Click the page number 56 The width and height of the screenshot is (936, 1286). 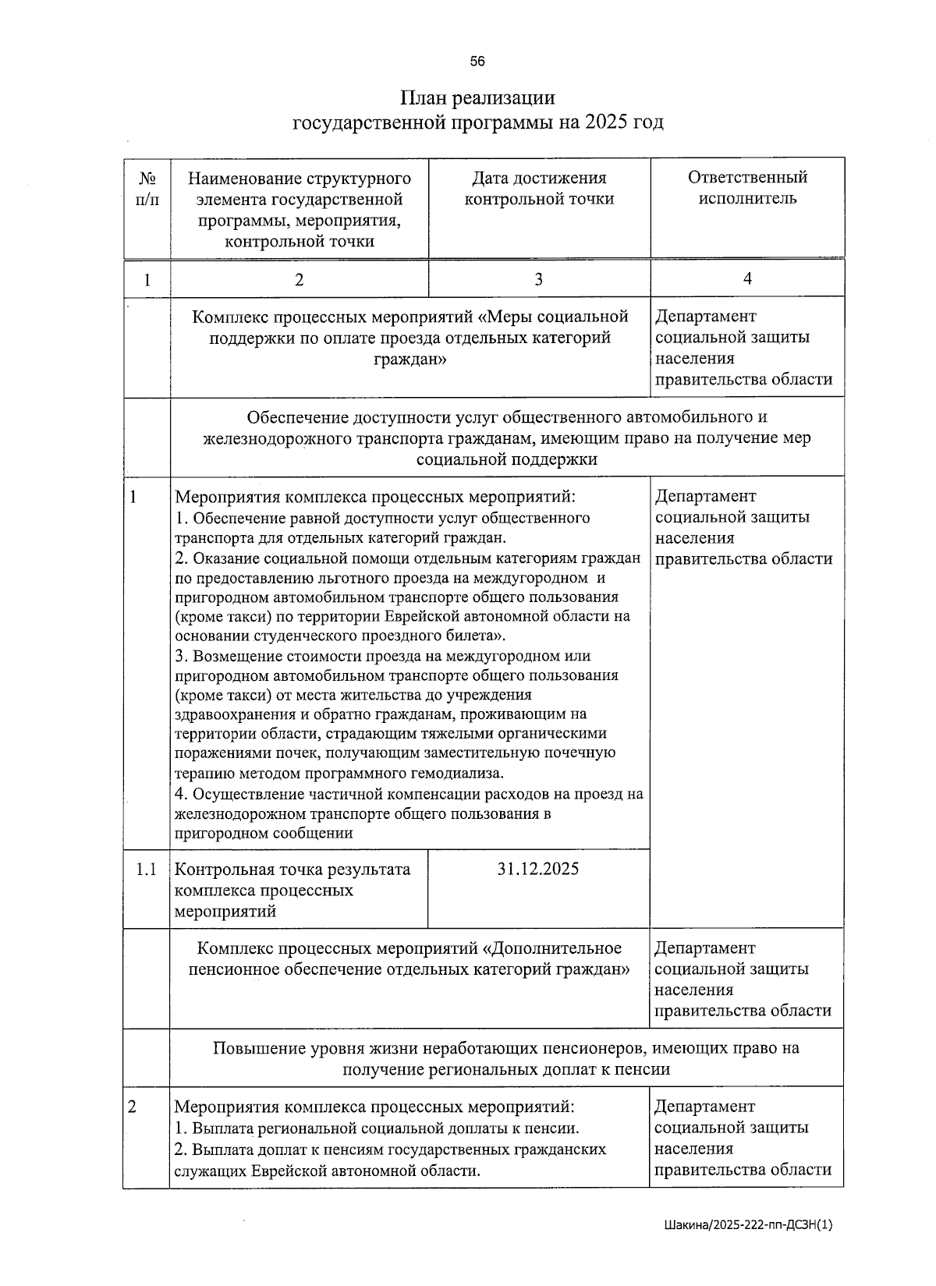pos(477,62)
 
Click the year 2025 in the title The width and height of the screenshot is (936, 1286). pos(606,122)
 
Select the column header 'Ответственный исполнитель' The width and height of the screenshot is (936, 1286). pos(747,188)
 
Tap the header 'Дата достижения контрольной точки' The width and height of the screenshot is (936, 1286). pos(539,188)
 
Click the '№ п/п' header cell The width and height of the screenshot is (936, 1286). pos(147,188)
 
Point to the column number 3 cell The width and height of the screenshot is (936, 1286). pos(538,279)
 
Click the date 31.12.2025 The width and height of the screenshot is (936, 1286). pos(538,869)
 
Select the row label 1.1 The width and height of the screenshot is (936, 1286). pos(147,869)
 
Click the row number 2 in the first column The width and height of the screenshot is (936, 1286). pos(132,1107)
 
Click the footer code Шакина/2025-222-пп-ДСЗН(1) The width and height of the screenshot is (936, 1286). pos(748,1225)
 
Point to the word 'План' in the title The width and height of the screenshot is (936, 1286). pos(424,98)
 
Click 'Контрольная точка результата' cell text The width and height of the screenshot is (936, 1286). pos(292,870)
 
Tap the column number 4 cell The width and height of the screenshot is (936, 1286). pos(747,279)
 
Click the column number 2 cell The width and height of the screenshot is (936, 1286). pos(299,279)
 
